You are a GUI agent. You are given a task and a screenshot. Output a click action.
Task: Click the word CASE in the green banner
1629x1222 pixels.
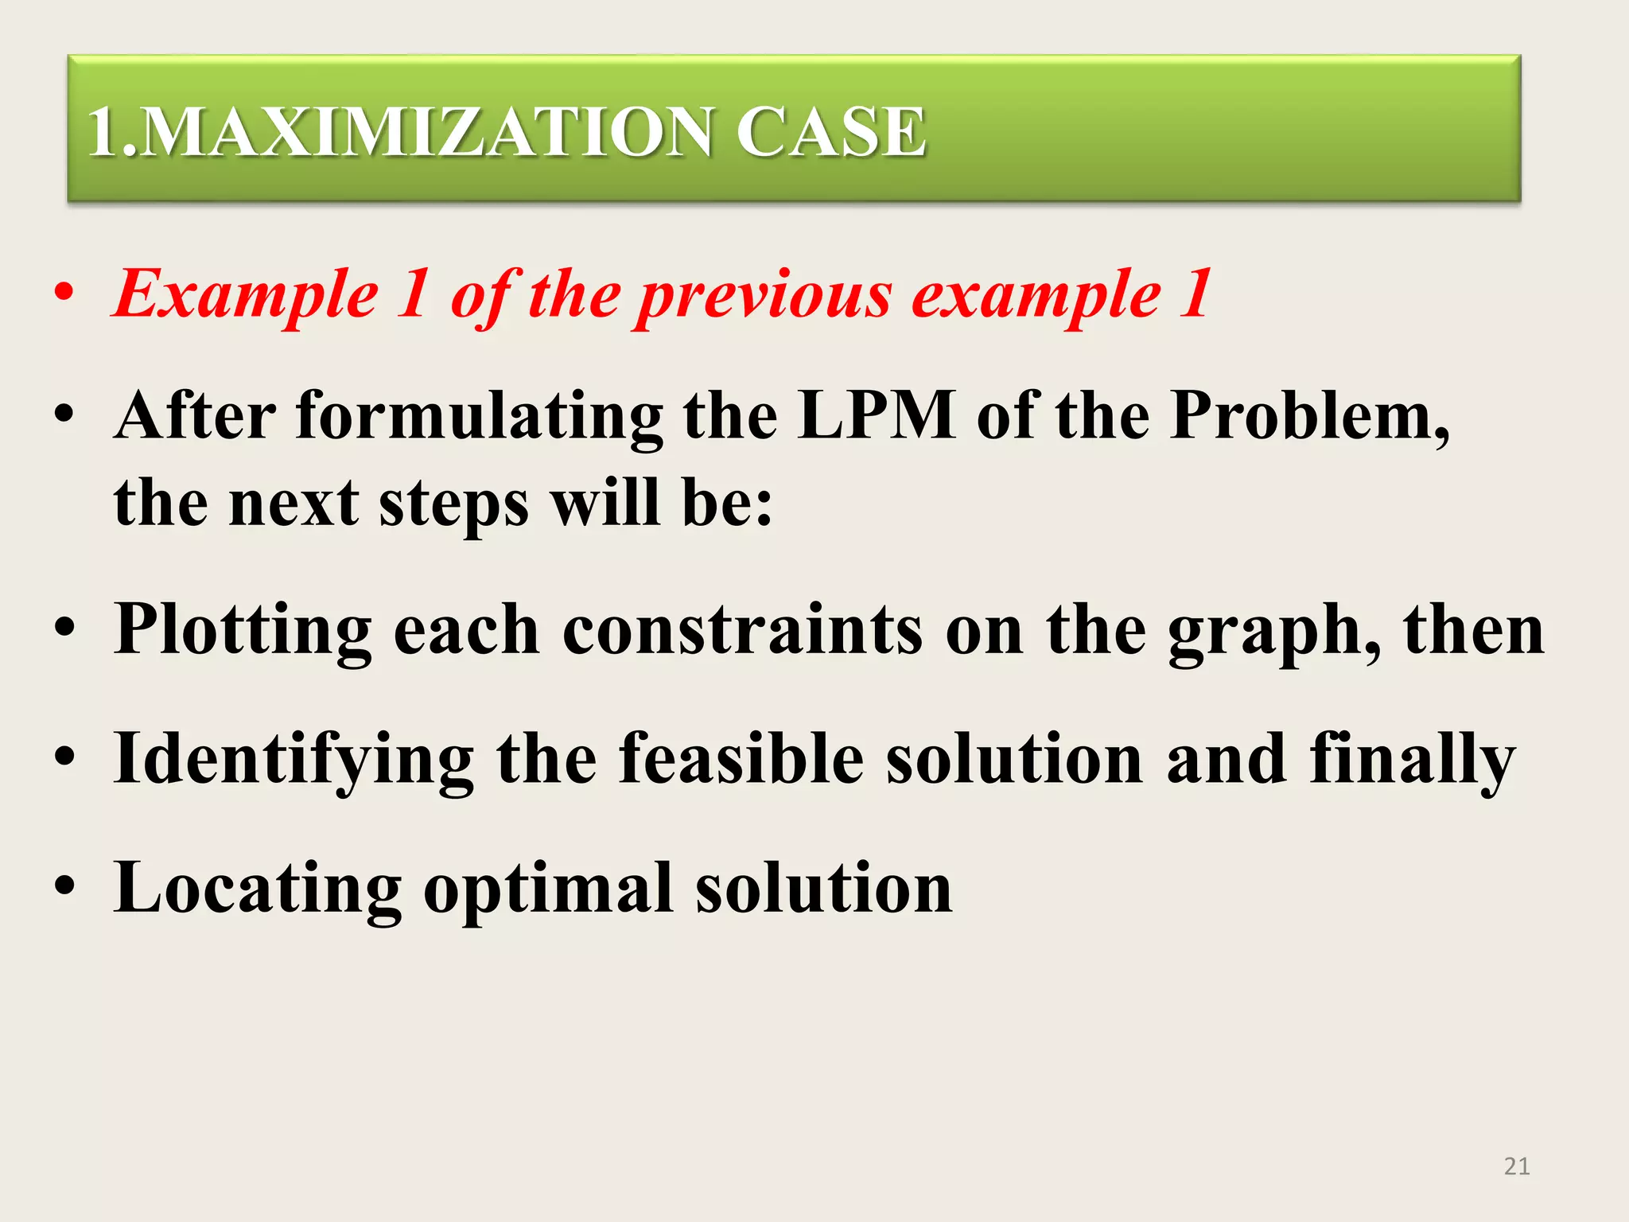[x=830, y=131]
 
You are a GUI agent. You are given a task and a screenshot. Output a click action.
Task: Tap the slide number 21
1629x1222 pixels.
[x=1517, y=1166]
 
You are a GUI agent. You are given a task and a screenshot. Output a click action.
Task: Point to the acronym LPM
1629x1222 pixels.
[x=877, y=415]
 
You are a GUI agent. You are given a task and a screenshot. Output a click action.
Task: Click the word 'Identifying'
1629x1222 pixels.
[x=294, y=760]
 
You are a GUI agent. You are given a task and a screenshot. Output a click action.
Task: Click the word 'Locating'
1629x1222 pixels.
[x=258, y=889]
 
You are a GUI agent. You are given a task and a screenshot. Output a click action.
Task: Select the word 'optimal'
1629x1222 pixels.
[x=549, y=889]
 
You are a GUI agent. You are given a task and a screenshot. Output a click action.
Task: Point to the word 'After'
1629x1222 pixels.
[x=196, y=415]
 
